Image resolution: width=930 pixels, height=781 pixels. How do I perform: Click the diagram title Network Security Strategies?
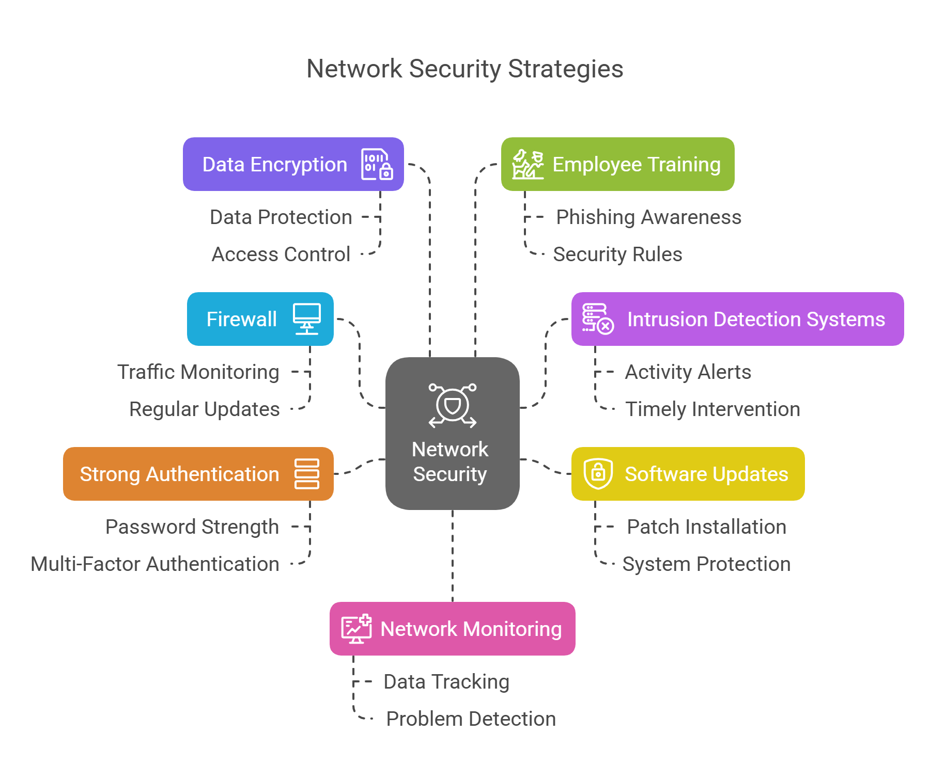click(x=464, y=69)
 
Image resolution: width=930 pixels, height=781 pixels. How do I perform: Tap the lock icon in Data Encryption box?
click(x=377, y=164)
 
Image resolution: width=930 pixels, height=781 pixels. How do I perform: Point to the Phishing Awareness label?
click(x=648, y=217)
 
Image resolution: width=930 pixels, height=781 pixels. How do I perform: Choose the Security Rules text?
click(x=617, y=254)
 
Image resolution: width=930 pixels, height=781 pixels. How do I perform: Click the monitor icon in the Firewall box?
click(x=307, y=318)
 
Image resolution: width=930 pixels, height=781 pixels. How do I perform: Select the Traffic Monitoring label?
click(x=198, y=372)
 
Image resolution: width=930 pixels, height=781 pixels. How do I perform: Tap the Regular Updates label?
click(x=204, y=409)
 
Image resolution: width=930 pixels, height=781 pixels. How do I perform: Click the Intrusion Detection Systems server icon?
click(x=598, y=318)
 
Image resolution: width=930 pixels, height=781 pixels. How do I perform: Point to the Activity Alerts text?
click(x=688, y=372)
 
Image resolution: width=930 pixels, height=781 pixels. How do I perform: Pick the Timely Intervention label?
click(x=712, y=409)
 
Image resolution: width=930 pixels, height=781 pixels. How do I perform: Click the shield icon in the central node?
click(x=453, y=406)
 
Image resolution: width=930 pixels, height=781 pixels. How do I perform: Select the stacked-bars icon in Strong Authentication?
click(x=307, y=473)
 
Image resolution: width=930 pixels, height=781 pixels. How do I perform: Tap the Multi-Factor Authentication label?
click(x=155, y=564)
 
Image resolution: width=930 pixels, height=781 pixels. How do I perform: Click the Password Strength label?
click(x=192, y=527)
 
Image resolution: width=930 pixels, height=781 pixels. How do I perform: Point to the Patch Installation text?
click(x=706, y=527)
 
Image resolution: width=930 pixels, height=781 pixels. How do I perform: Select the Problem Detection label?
click(x=471, y=719)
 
